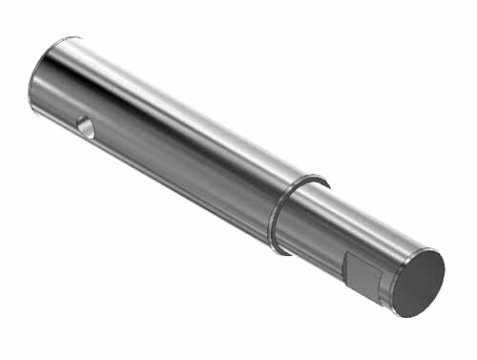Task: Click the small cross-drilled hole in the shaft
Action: coord(86,126)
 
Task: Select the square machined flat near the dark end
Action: coord(362,275)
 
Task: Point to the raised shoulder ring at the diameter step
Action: coord(278,216)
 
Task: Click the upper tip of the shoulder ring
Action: coord(321,180)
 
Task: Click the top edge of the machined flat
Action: coord(363,259)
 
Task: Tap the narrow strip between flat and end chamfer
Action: coord(384,286)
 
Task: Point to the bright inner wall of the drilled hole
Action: coord(89,129)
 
